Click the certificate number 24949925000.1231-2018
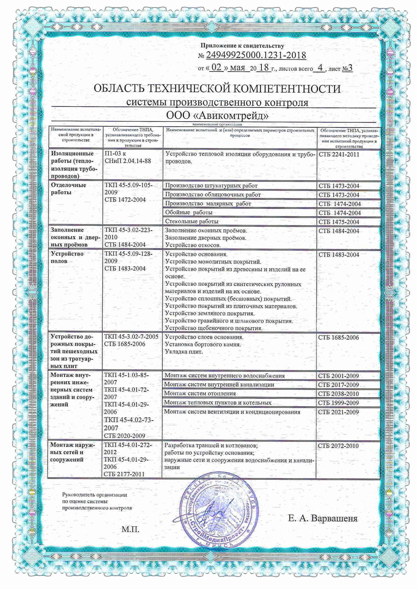coord(256,55)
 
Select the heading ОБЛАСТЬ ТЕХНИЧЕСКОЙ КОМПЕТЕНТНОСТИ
coord(217,89)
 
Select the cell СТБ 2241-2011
coord(339,154)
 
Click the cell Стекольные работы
coord(192,221)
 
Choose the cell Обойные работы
coord(189,212)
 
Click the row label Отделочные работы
coord(68,188)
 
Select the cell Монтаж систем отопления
coord(200,393)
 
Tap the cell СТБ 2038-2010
coord(338,394)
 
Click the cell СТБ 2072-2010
coord(338,446)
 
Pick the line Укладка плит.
coord(184,352)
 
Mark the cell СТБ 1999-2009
coord(338,403)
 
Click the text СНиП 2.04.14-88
coord(128,161)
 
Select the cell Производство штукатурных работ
coord(211,185)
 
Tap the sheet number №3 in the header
coord(347,69)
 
